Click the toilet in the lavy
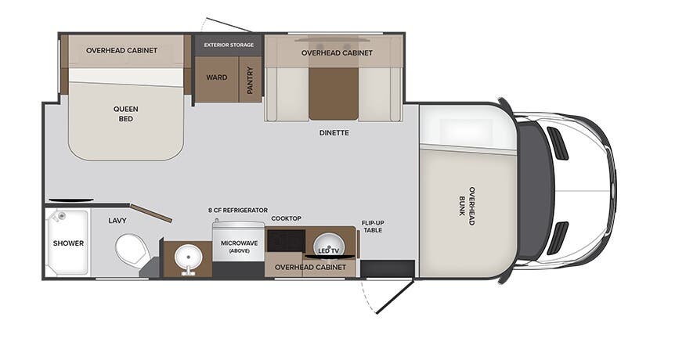click(132, 250)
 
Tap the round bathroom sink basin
click(188, 257)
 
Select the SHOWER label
click(68, 243)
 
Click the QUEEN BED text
click(126, 114)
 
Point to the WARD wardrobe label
click(217, 77)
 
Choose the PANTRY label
click(250, 80)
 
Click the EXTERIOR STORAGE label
click(229, 45)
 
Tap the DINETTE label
click(334, 133)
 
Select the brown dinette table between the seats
click(334, 93)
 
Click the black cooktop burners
click(287, 241)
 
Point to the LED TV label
click(328, 250)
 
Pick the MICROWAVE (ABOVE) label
click(240, 247)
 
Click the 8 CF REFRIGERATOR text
click(238, 211)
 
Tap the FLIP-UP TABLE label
click(373, 227)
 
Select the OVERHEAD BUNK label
click(467, 206)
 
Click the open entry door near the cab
click(395, 297)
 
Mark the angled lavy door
click(151, 214)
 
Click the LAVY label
click(117, 221)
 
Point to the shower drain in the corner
click(62, 216)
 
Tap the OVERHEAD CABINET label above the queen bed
click(122, 50)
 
